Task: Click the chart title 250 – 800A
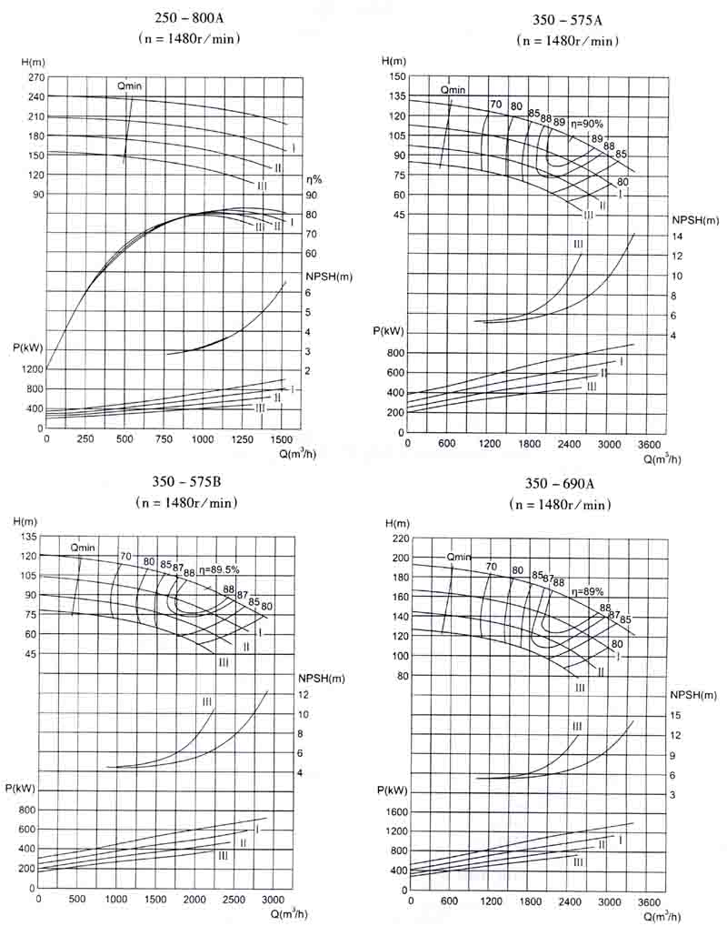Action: click(188, 18)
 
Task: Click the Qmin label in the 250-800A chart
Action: click(132, 85)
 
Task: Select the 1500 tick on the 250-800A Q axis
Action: click(281, 438)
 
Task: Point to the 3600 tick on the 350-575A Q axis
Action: click(648, 444)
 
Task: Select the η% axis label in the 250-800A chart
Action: click(314, 178)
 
